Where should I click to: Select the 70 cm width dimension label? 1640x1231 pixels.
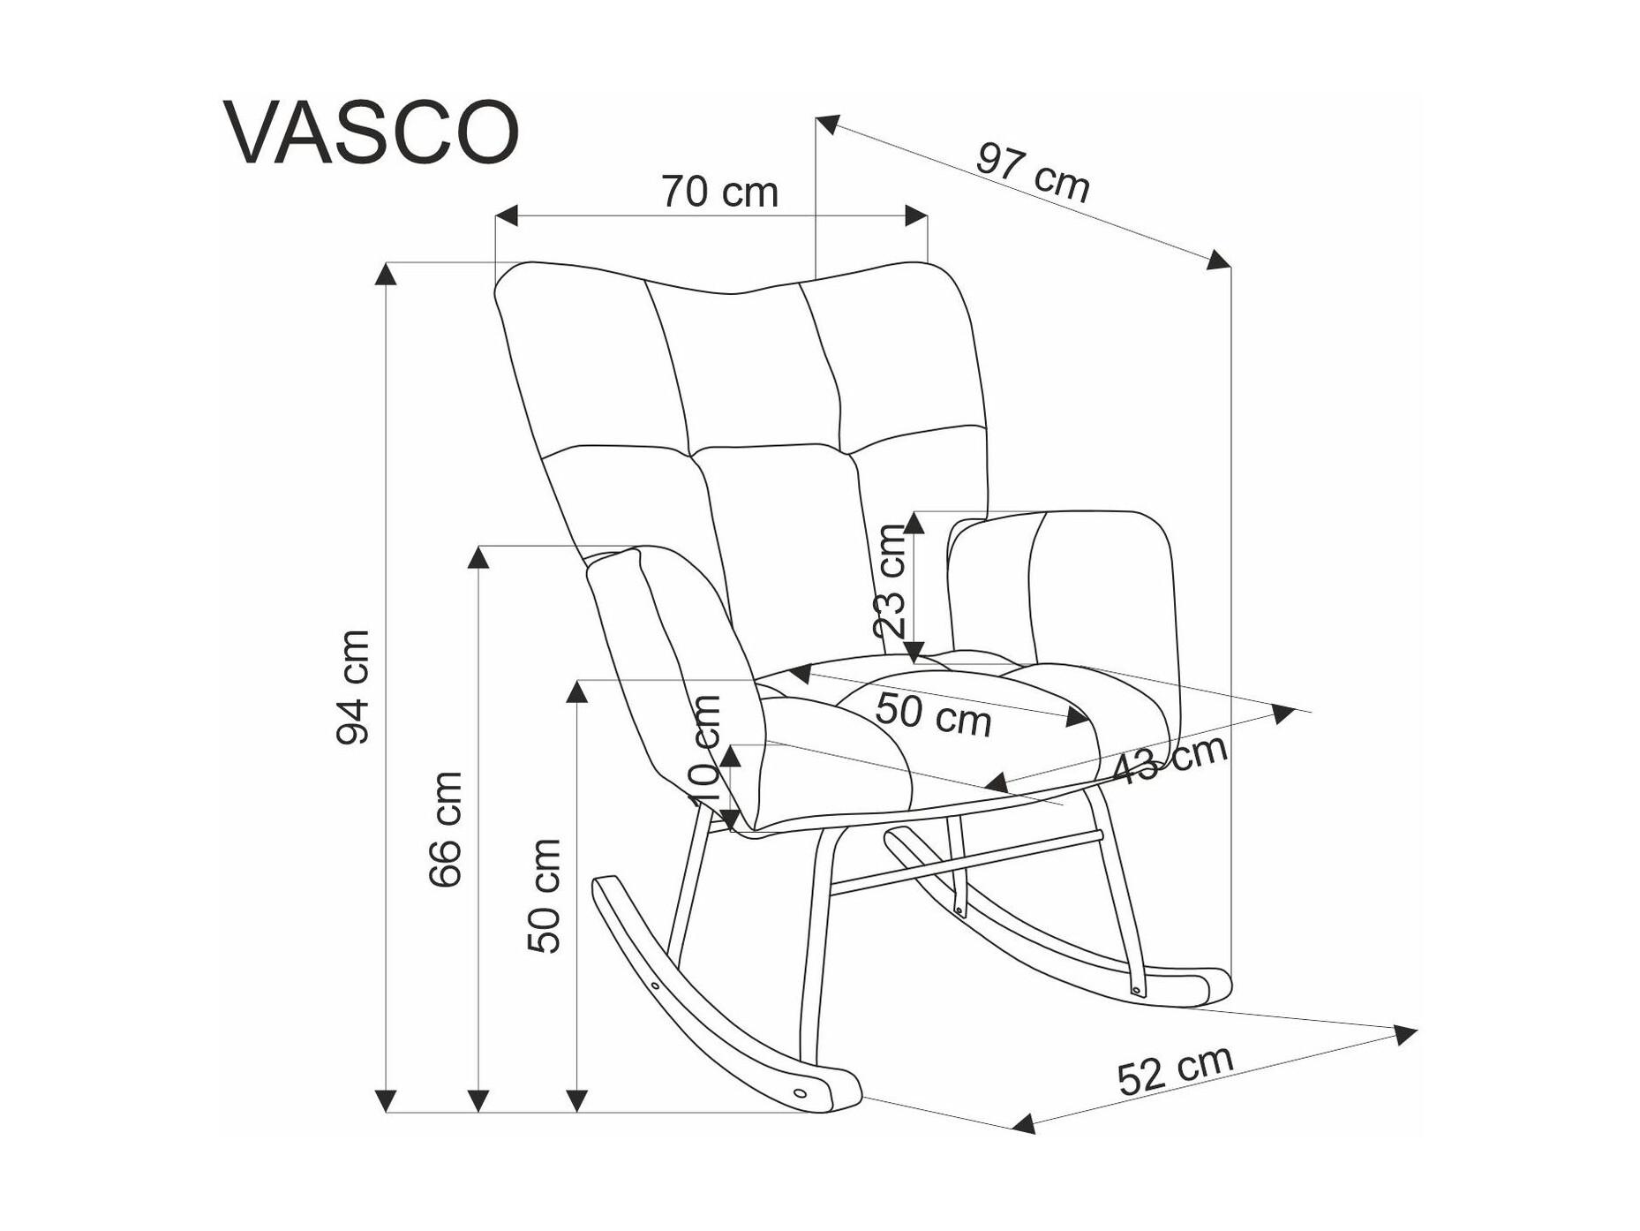click(x=719, y=192)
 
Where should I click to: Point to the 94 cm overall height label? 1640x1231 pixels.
click(x=353, y=687)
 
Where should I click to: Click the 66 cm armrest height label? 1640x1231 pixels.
click(x=445, y=829)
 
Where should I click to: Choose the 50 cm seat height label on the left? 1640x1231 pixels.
click(x=544, y=896)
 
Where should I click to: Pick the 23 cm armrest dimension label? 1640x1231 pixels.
click(x=890, y=581)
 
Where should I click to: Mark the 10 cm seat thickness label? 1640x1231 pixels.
click(x=705, y=750)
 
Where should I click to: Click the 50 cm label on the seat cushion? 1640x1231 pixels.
click(x=934, y=714)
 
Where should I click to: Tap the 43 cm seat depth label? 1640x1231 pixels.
click(x=1170, y=759)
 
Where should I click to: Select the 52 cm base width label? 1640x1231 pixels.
click(x=1175, y=1070)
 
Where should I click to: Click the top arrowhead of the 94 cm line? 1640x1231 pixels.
click(x=385, y=273)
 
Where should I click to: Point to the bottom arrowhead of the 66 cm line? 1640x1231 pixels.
click(x=478, y=1101)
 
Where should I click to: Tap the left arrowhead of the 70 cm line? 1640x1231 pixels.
click(x=506, y=215)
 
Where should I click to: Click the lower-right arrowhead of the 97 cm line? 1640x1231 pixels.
click(x=1220, y=260)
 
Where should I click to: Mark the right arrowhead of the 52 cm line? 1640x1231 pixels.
click(x=1405, y=1034)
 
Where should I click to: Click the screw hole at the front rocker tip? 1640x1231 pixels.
click(x=801, y=1092)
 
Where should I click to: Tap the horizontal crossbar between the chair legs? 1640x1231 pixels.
click(x=966, y=862)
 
